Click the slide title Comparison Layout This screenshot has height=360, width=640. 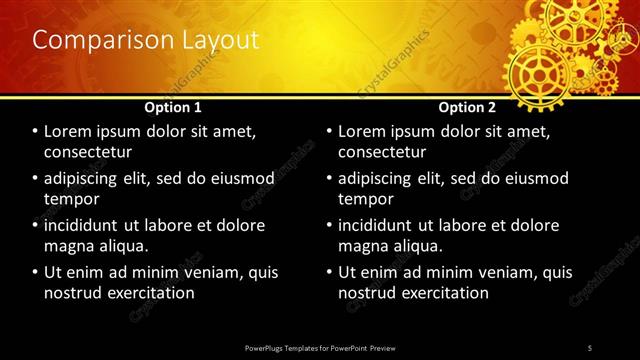[x=146, y=41]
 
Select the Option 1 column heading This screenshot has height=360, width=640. [x=173, y=106]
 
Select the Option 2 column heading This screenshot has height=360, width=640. [x=466, y=106]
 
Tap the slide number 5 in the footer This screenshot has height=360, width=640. [x=590, y=347]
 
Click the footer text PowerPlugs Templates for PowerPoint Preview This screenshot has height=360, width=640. [x=319, y=347]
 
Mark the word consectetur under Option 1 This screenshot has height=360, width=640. [x=88, y=152]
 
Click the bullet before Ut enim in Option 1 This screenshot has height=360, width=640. [x=36, y=272]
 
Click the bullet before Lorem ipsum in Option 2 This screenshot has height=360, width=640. [x=330, y=132]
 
